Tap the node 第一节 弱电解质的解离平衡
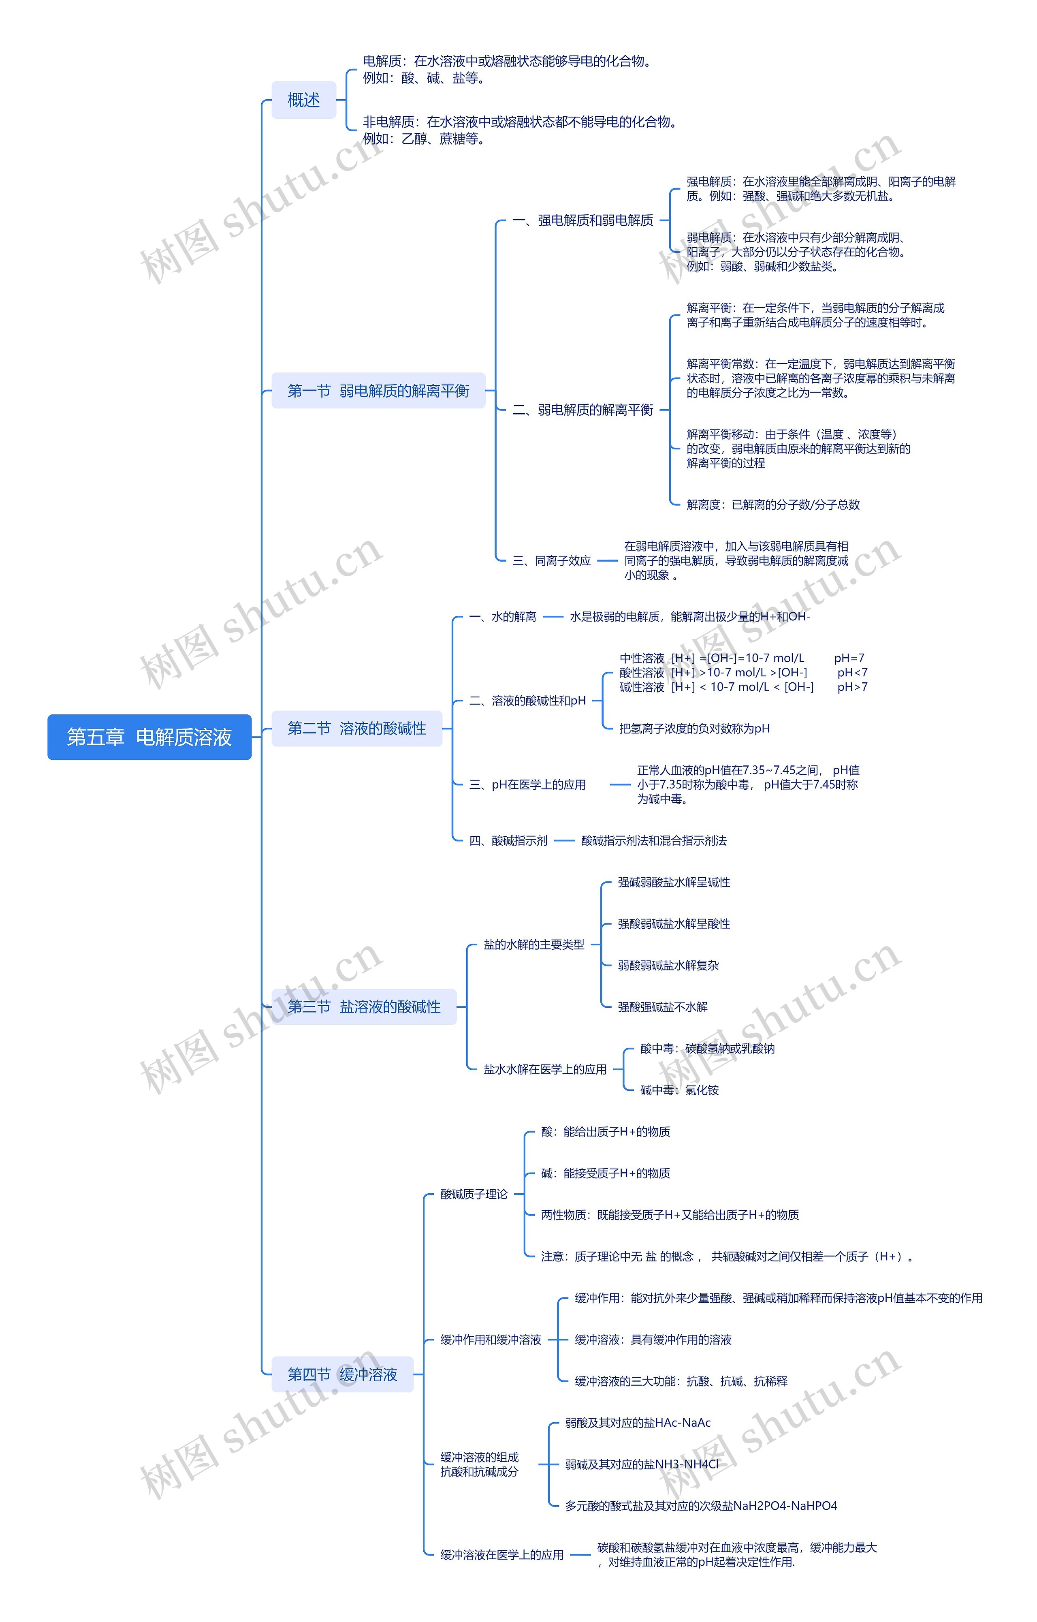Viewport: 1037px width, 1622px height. (378, 391)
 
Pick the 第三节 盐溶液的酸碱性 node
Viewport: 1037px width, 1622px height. (364, 1007)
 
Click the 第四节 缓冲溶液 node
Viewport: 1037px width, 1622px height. (342, 1374)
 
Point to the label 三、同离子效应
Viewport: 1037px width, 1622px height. (551, 560)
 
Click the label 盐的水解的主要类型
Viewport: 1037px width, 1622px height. (533, 945)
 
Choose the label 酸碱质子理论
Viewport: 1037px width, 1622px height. (474, 1194)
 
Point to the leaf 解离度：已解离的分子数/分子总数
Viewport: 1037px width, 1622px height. (772, 504)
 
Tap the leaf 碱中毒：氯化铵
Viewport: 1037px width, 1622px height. (679, 1090)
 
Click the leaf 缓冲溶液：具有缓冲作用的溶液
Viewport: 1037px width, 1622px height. (653, 1339)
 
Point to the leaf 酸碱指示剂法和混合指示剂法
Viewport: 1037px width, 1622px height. (653, 841)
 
